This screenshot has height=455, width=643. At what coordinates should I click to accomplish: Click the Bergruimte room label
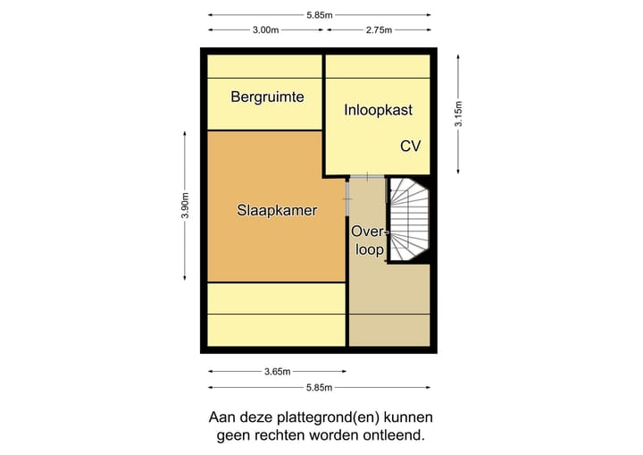[267, 97]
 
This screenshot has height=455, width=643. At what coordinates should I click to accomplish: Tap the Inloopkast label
[379, 110]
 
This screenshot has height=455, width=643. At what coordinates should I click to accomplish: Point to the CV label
[410, 146]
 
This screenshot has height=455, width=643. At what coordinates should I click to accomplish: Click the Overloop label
[368, 241]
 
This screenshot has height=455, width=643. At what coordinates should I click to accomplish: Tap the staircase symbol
[410, 220]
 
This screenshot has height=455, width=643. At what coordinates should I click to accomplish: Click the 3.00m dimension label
[265, 29]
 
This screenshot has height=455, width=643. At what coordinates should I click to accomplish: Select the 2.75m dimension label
[379, 29]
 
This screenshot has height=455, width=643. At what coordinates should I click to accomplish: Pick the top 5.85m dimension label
[320, 14]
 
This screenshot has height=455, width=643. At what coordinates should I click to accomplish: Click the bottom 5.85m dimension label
[320, 387]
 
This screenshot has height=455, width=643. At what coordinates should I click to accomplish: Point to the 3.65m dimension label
[279, 372]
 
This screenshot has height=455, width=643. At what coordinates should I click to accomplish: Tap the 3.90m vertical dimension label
[185, 205]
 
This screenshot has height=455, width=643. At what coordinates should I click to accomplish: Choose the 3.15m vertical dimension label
[458, 113]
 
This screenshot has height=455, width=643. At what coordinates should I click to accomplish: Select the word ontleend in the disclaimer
[388, 436]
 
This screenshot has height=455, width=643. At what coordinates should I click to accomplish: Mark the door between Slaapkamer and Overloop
[348, 196]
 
